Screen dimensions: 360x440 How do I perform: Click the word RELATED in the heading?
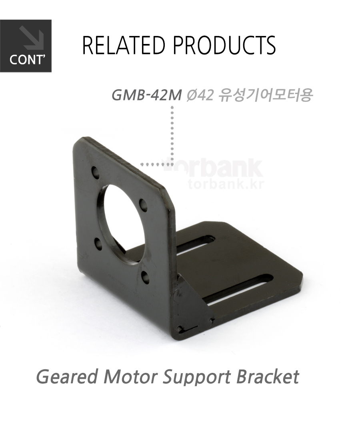point(124,45)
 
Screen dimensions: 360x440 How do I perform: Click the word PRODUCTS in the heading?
point(224,45)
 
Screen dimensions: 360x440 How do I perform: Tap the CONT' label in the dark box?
point(27,60)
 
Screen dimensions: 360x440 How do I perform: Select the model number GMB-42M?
point(146,96)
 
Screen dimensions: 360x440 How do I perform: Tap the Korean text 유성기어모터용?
point(266,96)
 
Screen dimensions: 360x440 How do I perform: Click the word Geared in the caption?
point(67,377)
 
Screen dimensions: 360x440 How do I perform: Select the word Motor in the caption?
point(130,376)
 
